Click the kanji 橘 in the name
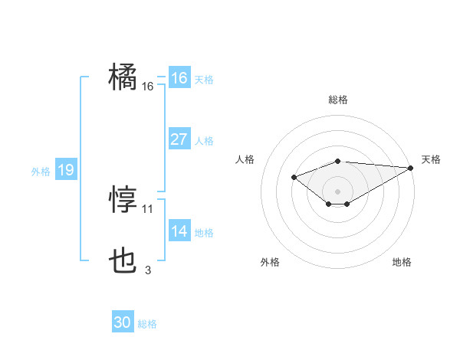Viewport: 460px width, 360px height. click(x=123, y=77)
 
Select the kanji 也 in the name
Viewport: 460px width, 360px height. click(x=123, y=263)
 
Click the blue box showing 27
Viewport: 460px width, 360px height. click(x=179, y=139)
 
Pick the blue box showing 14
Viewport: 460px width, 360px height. click(x=179, y=231)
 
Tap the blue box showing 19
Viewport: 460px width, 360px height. click(x=65, y=170)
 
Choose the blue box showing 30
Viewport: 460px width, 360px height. click(x=123, y=322)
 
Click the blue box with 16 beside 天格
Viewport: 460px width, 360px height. click(x=179, y=78)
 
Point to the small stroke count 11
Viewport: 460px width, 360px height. click(x=148, y=208)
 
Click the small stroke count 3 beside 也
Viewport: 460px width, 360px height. click(x=148, y=270)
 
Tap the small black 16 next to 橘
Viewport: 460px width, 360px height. click(x=148, y=87)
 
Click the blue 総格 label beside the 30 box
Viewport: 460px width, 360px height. click(x=147, y=324)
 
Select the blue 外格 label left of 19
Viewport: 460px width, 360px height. click(x=41, y=172)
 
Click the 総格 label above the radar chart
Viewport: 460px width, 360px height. click(x=338, y=100)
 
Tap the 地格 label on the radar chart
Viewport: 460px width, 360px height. click(x=402, y=262)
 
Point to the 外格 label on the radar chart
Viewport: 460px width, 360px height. click(x=270, y=262)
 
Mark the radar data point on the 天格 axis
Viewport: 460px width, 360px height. click(x=412, y=168)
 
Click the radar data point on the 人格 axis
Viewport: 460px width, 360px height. click(x=294, y=177)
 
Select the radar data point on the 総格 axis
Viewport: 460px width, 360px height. click(x=338, y=161)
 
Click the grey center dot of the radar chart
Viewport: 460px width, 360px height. click(x=338, y=191)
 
